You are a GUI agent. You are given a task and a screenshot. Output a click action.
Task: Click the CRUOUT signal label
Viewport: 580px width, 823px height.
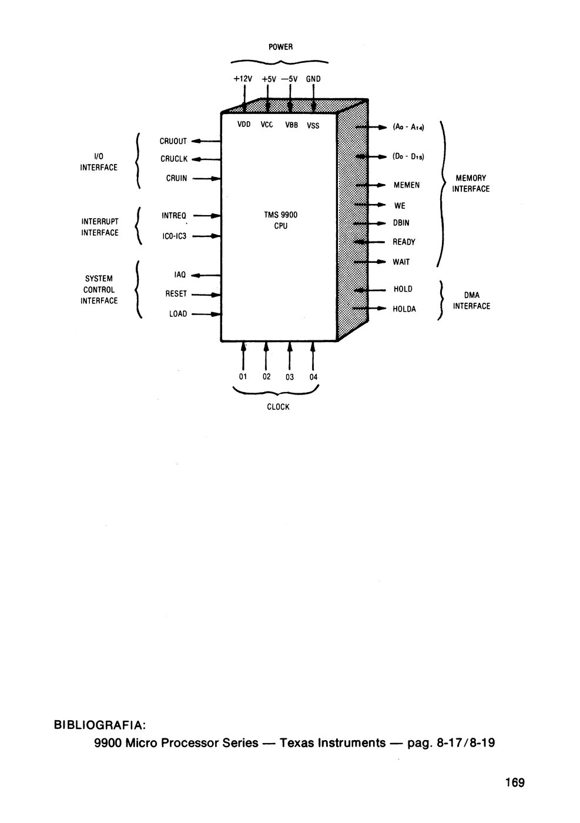click(x=173, y=141)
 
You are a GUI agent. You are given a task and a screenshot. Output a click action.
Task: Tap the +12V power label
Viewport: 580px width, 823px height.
click(x=243, y=79)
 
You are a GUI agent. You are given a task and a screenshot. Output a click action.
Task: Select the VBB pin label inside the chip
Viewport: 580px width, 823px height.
click(x=291, y=125)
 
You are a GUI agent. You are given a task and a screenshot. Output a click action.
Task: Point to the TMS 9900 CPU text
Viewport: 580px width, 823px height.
click(x=281, y=220)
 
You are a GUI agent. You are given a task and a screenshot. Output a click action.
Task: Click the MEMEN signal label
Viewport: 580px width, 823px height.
click(x=406, y=185)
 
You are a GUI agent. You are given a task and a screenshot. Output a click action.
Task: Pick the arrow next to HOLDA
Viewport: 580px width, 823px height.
click(x=369, y=308)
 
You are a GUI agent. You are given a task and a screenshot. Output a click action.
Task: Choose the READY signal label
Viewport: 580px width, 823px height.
click(x=404, y=242)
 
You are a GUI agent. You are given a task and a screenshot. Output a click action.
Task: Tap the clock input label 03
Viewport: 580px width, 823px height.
click(x=290, y=377)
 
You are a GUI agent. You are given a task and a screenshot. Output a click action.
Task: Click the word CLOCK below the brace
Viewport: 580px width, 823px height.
click(x=278, y=407)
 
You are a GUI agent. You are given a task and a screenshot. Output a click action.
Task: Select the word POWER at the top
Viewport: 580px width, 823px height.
click(x=281, y=46)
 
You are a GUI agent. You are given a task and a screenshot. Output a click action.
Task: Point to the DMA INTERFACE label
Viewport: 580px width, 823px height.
click(x=471, y=300)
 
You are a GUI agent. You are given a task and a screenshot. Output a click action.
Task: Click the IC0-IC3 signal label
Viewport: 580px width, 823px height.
click(x=174, y=236)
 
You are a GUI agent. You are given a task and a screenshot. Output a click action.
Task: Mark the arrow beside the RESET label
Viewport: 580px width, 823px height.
click(x=206, y=295)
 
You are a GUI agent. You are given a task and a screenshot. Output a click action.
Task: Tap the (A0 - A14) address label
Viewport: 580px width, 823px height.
click(x=408, y=127)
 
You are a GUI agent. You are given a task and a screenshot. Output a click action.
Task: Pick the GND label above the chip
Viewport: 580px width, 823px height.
click(x=313, y=79)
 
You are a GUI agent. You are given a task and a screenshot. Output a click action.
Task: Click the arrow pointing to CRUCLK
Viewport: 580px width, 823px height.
click(x=206, y=159)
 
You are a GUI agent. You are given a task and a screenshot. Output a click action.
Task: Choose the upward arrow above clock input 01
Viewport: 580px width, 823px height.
click(x=243, y=356)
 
